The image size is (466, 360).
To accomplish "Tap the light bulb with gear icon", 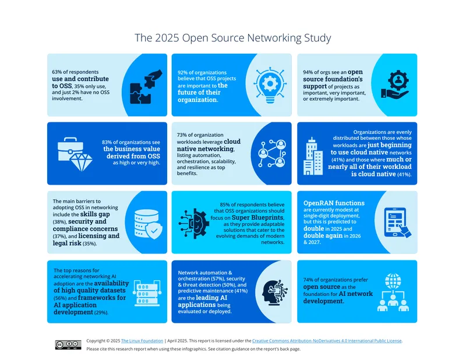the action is pos(270,85).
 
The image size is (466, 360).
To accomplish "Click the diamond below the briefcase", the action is pos(81,163).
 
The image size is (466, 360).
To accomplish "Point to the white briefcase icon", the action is pos(70,149).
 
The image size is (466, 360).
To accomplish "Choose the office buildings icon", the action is pos(313,156).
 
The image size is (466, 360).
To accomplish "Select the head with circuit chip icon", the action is pos(275,292).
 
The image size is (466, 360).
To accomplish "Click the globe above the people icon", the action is pos(393,281).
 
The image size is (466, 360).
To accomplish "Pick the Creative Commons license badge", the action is pos(68,344).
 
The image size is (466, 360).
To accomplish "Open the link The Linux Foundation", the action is pos(142,341).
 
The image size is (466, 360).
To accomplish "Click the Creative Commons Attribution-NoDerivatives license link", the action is pos(327,341).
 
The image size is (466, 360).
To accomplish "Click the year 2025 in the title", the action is pos(167,38).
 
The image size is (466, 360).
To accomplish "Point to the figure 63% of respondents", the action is pos(75,72).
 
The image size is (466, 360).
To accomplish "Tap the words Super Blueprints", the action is pos(257,217).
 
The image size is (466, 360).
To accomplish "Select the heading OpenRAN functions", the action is pos(334,203).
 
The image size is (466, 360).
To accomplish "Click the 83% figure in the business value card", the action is pos(107,142).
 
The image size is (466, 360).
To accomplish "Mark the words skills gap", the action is pos(95,214).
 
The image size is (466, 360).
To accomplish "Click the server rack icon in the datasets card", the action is pos(147,293).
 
